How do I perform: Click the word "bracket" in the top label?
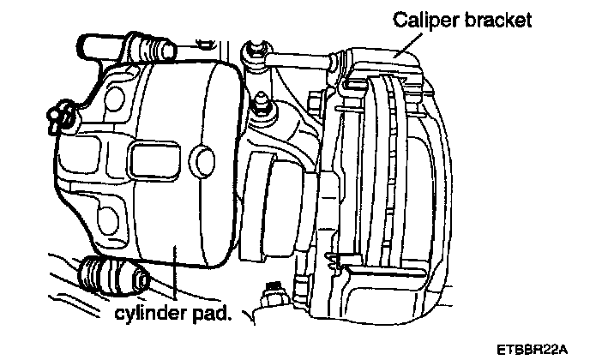(x=497, y=19)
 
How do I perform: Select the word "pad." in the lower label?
(x=211, y=313)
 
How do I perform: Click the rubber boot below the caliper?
(x=112, y=277)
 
